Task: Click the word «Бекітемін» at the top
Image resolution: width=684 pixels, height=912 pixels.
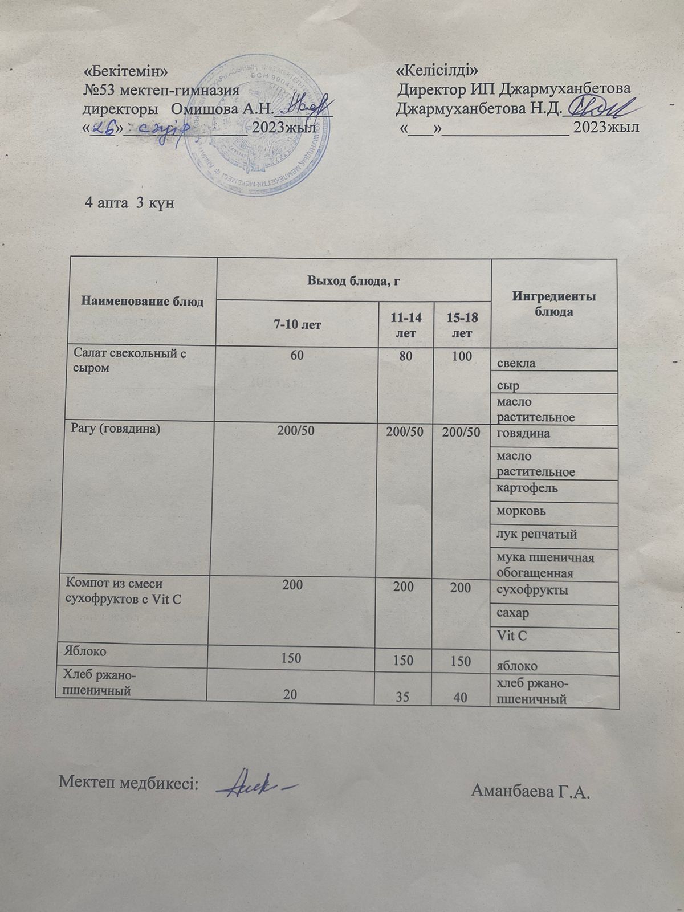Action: (126, 71)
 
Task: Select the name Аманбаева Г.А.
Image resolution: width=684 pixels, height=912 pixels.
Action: (530, 791)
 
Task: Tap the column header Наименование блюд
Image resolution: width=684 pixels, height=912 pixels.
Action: (142, 301)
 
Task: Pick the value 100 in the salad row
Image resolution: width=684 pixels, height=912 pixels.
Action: (462, 357)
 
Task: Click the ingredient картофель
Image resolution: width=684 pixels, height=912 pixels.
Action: (527, 488)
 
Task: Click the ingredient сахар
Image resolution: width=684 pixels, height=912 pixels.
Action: (513, 613)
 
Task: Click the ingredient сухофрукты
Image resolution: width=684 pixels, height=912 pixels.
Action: (532, 590)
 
